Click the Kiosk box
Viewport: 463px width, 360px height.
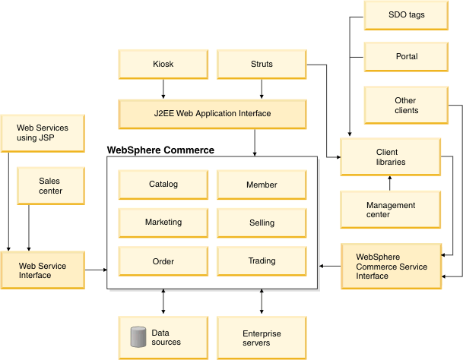pyautogui.click(x=163, y=65)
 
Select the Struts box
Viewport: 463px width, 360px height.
pyautogui.click(x=262, y=65)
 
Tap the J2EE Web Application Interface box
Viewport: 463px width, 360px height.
pyautogui.click(x=212, y=114)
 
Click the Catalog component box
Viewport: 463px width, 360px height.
pyautogui.click(x=163, y=185)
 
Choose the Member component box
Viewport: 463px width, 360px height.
pyautogui.click(x=262, y=185)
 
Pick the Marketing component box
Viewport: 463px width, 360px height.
pyautogui.click(x=163, y=223)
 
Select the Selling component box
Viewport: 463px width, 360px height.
pyautogui.click(x=262, y=223)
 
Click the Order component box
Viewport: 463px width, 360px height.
pyautogui.click(x=163, y=261)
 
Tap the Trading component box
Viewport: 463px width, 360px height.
pyautogui.click(x=262, y=261)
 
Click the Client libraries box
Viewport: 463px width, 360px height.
pyautogui.click(x=390, y=156)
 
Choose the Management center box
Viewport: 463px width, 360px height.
pyautogui.click(x=390, y=210)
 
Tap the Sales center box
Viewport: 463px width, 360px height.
pyautogui.click(x=49, y=186)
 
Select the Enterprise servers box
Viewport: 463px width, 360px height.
pyautogui.click(x=262, y=338)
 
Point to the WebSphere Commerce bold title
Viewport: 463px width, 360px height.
pyautogui.click(x=160, y=150)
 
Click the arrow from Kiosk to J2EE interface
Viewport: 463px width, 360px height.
pyautogui.click(x=163, y=90)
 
